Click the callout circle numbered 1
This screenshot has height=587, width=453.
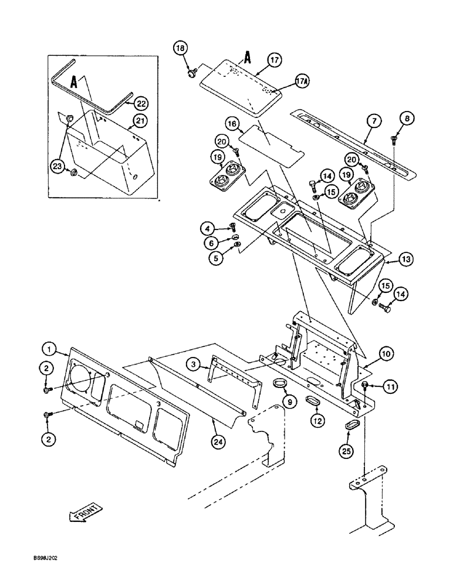[50, 350]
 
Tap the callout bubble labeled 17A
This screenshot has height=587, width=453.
[285, 83]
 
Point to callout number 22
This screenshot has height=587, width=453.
[141, 103]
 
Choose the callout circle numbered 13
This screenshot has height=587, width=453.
[389, 259]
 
